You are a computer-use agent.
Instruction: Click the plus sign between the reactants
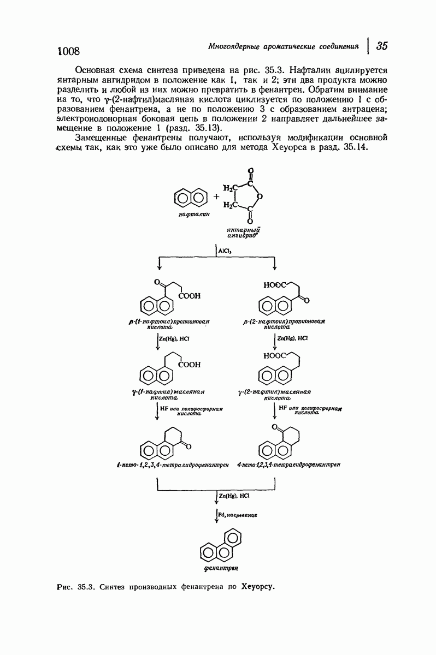[216, 196]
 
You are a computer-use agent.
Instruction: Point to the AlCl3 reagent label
[225, 251]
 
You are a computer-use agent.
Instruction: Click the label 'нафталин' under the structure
[191, 216]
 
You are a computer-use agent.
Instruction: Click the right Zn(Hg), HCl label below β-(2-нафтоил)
[294, 338]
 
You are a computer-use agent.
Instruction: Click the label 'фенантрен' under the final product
[220, 569]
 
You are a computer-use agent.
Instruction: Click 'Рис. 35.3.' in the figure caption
[76, 587]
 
